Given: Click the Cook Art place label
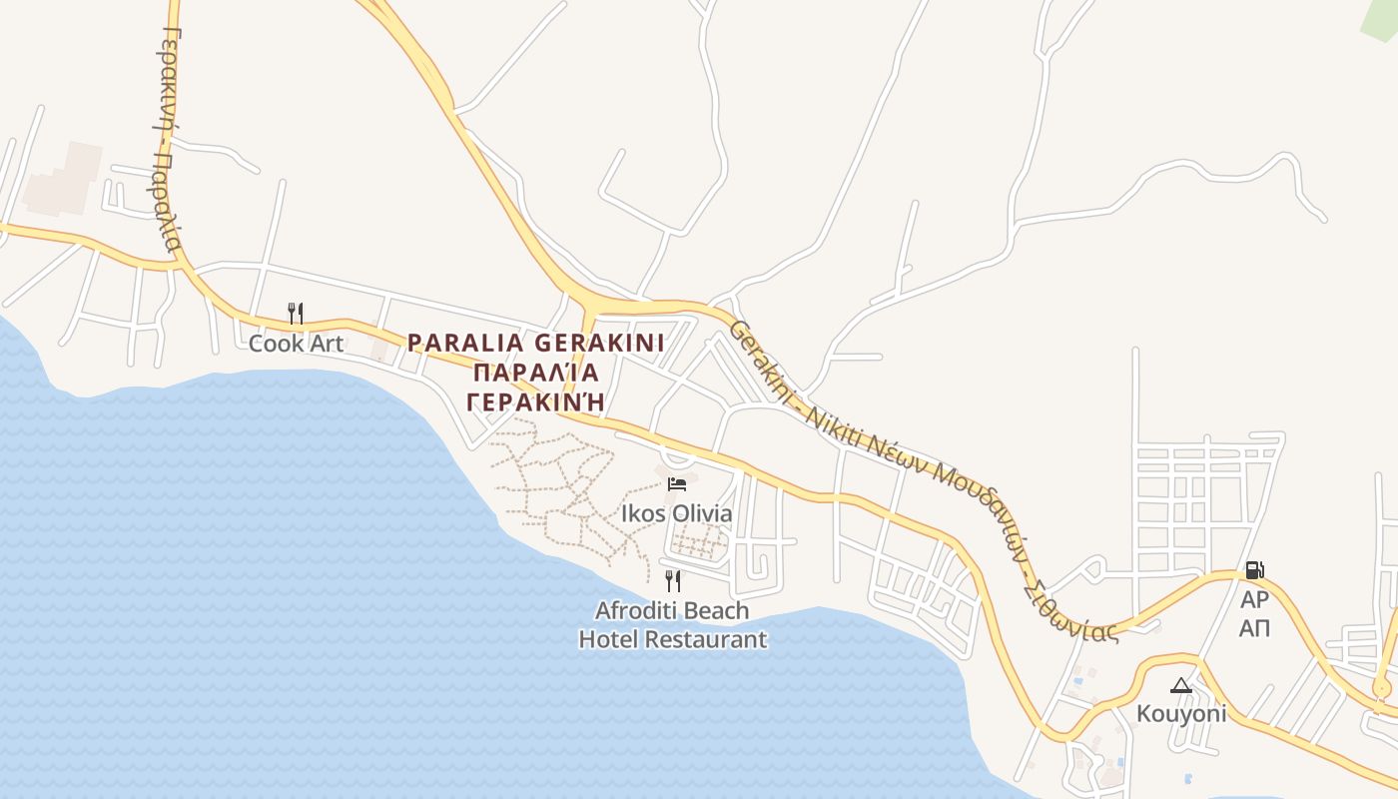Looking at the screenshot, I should (x=296, y=344).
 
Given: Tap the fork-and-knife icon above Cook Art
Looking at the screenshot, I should (x=295, y=314).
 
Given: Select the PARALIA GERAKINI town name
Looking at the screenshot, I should (x=535, y=343).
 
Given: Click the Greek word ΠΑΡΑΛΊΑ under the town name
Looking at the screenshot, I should (x=535, y=373).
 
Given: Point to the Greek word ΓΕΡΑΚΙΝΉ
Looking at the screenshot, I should (x=535, y=401).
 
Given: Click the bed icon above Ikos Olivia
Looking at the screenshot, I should (x=677, y=484).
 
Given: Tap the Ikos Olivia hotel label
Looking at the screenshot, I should (x=677, y=513).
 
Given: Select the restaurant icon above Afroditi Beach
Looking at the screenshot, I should (x=673, y=580).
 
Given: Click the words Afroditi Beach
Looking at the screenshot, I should (x=672, y=609).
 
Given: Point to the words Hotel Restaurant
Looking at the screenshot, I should (x=673, y=638).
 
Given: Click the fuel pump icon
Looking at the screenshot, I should (x=1254, y=570).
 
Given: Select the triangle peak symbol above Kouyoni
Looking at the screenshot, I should (x=1181, y=685).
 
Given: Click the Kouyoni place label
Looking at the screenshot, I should (x=1181, y=714).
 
